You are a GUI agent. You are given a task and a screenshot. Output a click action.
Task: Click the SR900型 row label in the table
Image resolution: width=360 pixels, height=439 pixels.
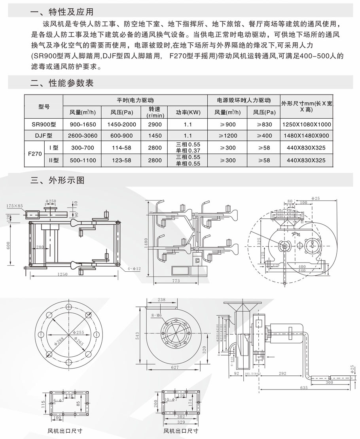coord(44,124)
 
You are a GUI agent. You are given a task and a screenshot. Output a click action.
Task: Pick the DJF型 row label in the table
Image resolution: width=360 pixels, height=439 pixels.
coord(44,136)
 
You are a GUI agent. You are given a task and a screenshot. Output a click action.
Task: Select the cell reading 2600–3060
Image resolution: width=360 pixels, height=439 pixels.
coord(82,136)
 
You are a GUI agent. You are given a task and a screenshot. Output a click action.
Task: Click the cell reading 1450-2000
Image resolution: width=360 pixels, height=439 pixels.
coord(122,124)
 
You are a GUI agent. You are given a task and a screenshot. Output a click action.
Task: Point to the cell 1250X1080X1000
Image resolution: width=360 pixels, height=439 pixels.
coord(307,124)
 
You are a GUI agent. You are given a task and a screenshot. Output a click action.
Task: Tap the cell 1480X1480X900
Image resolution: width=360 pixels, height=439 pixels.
coord(307,136)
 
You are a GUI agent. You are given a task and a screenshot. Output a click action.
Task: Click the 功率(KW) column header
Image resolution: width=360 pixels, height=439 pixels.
coord(188,112)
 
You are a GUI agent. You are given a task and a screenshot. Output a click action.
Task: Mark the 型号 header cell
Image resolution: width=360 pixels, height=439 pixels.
coord(44,107)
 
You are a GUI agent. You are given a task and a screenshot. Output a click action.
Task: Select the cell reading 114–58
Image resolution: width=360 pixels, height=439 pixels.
coord(122,148)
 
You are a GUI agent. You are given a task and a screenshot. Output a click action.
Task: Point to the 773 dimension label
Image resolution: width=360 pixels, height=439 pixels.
coord(176,281)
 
